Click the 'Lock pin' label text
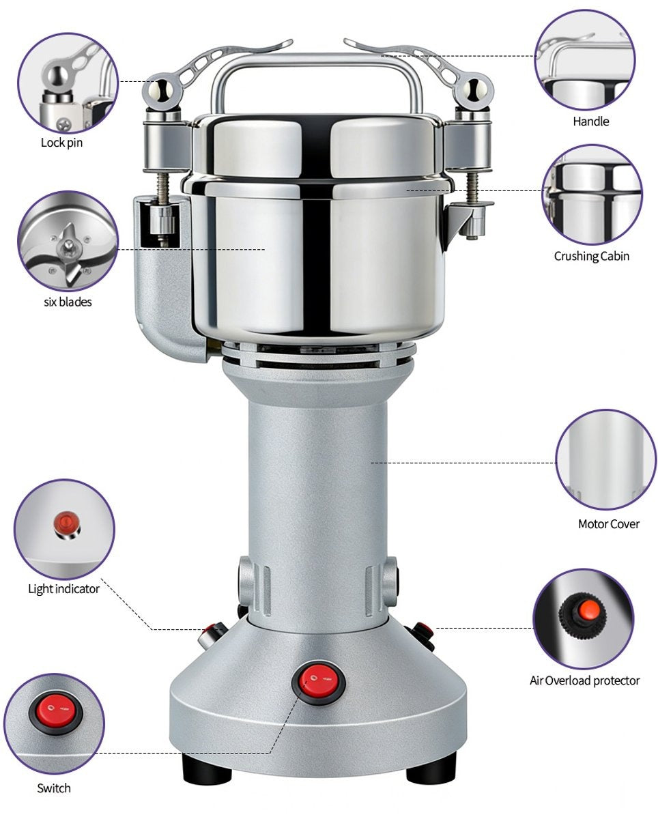pos(61,143)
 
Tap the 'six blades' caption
pos(68,301)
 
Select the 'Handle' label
pos(590,121)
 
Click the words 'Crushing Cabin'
pos(591,256)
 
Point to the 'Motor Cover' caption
pos(608,524)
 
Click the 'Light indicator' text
pos(63,588)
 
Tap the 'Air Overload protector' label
pos(584,680)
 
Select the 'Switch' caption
pos(54,788)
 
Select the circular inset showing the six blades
pos(68,241)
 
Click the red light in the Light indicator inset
pos(65,523)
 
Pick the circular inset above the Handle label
pos(584,60)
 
